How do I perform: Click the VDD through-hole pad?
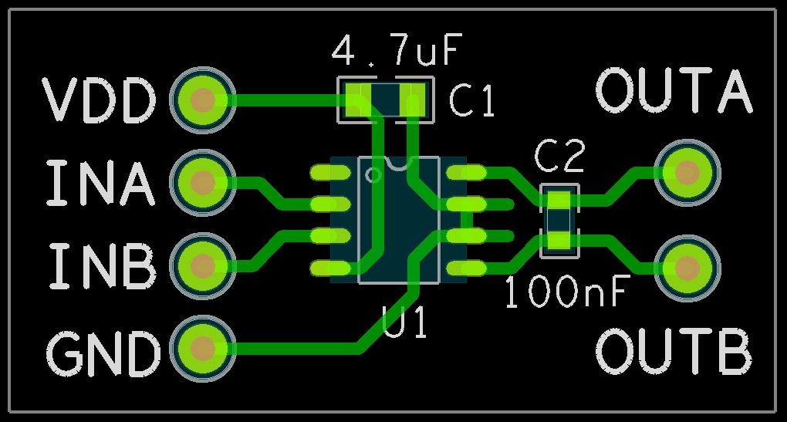coord(203,100)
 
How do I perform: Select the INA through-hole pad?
coord(203,182)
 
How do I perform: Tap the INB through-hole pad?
coord(203,265)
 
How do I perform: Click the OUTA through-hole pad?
coord(686,173)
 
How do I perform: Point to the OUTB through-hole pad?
coord(686,268)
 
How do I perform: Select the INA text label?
coord(100,183)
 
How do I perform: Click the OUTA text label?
coord(674,90)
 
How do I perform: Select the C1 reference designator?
coord(471,101)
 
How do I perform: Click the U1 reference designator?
coord(405,322)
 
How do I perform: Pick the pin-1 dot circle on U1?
coord(374,174)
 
